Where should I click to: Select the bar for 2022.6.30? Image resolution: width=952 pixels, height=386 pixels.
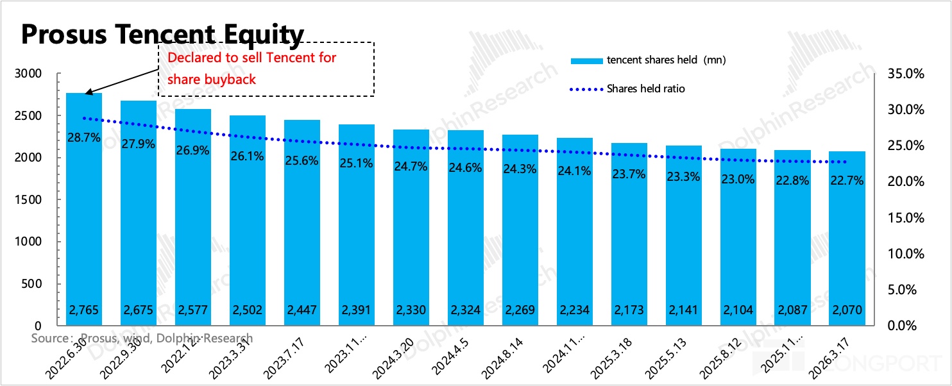(84, 212)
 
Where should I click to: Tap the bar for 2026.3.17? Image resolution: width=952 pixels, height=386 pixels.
(846, 244)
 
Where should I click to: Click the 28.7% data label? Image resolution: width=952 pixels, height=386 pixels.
(84, 137)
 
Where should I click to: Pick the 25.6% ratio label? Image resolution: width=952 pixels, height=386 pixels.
(302, 161)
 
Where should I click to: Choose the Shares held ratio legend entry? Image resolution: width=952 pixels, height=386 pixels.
(645, 88)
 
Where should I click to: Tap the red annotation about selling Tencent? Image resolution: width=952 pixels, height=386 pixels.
(251, 68)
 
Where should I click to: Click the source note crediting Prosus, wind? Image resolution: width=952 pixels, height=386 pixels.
(142, 338)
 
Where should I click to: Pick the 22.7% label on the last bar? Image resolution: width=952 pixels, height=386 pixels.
(846, 181)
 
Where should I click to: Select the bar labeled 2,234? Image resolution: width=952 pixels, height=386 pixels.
(574, 237)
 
